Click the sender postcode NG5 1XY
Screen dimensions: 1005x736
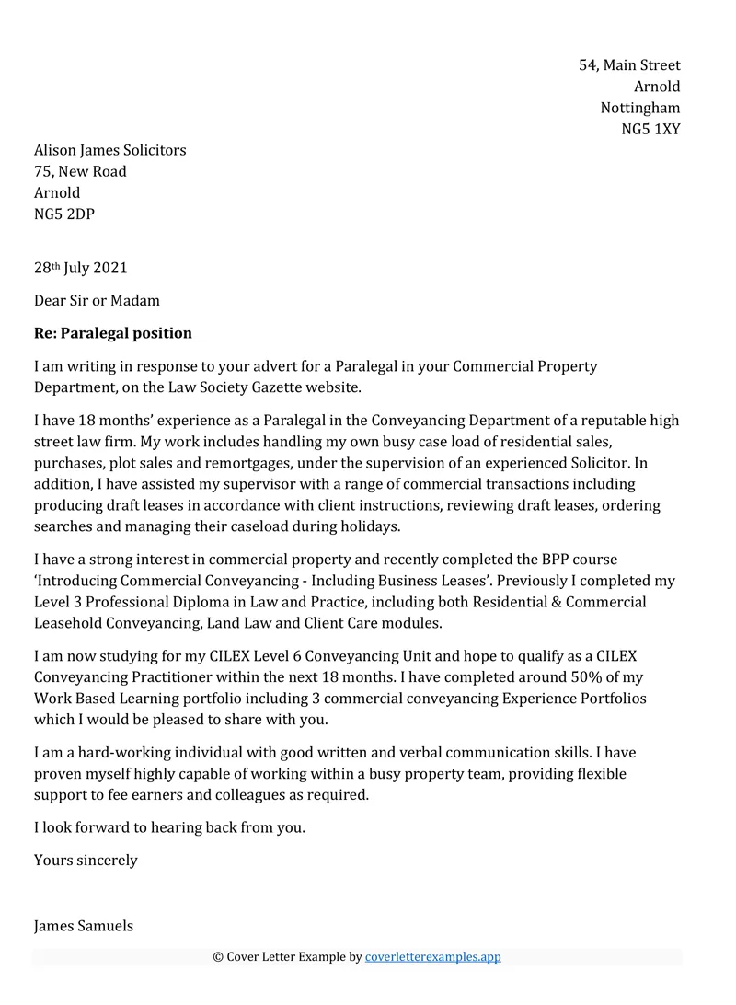click(650, 129)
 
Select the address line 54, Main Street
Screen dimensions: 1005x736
click(629, 65)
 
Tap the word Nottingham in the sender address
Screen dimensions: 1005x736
click(640, 108)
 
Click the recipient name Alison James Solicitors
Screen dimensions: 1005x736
click(109, 150)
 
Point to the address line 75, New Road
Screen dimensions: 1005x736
click(80, 171)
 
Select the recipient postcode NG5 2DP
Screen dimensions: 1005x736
click(63, 214)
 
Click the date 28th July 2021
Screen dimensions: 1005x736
click(80, 269)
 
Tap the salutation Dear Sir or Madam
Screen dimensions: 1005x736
click(97, 300)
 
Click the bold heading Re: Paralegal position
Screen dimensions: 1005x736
click(113, 332)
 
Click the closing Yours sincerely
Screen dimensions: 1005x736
click(86, 861)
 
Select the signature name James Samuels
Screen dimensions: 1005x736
click(84, 926)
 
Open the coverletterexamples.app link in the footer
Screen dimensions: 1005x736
click(432, 957)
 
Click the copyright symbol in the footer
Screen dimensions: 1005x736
click(218, 957)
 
